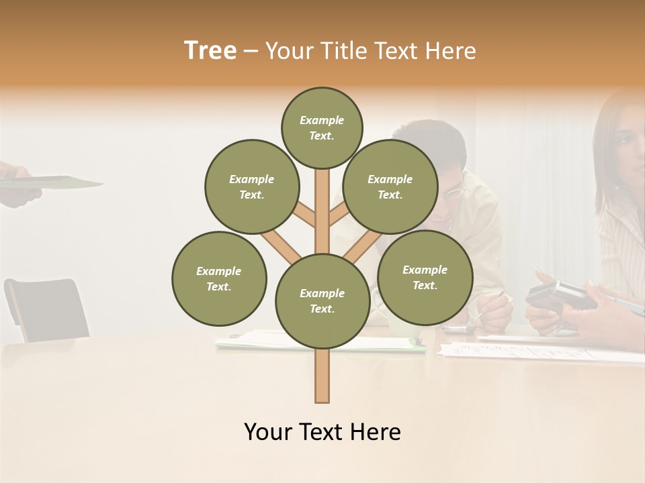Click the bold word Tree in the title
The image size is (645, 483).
210,51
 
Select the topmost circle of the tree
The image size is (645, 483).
322,127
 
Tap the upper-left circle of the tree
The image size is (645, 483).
251,186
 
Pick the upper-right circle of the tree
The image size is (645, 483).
390,186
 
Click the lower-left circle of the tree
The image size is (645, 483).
219,278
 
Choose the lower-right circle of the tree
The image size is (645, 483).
425,277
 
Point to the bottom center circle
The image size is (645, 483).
322,301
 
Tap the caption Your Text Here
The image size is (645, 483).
322,432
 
